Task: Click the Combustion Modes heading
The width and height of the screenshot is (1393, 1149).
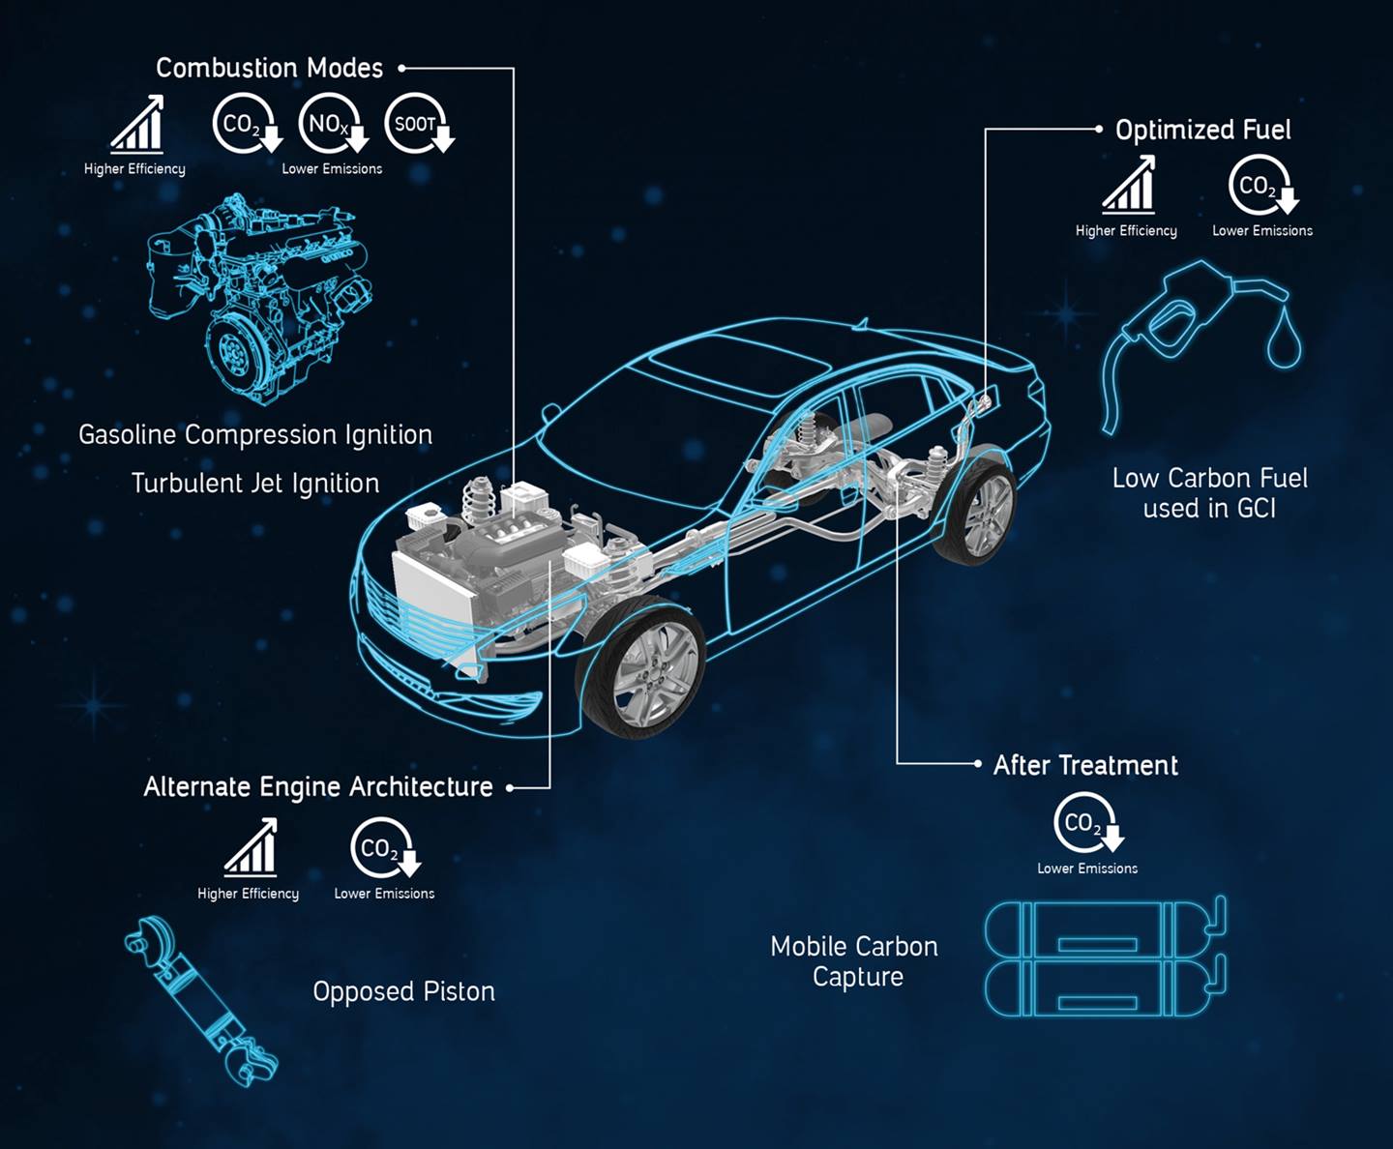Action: tap(269, 69)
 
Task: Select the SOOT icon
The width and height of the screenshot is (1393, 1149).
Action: tap(418, 124)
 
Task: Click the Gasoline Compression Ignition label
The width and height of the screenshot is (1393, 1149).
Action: tap(255, 435)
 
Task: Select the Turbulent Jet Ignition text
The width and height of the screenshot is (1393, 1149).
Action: tap(255, 484)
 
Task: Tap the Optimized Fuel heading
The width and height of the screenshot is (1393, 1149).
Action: tap(1202, 131)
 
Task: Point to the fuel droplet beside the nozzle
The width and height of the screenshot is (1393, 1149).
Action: tap(1285, 339)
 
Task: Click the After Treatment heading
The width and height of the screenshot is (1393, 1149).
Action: tap(1085, 766)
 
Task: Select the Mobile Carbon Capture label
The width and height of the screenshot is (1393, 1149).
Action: tap(855, 961)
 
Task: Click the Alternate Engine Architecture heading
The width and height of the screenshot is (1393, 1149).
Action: tap(318, 787)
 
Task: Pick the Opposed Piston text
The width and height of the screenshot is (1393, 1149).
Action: tap(403, 992)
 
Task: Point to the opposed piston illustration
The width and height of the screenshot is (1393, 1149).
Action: tap(201, 1001)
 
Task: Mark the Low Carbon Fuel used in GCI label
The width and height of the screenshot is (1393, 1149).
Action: tap(1209, 493)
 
